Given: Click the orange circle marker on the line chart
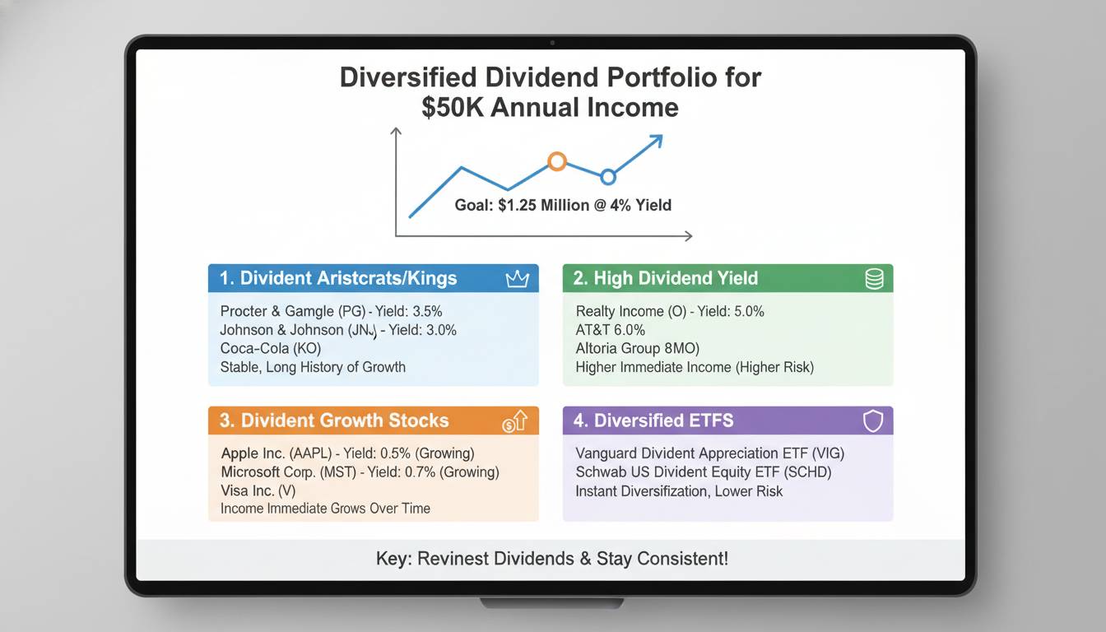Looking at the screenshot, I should click(557, 161).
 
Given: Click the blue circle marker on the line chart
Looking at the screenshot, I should click(608, 176).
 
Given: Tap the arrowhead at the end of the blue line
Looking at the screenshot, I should click(655, 142).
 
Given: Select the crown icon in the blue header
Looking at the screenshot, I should click(517, 279).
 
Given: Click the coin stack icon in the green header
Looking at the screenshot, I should click(874, 279).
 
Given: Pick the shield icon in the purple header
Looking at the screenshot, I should click(872, 421).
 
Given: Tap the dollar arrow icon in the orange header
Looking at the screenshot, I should click(514, 422).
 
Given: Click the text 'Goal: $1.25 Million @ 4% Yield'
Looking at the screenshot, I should click(563, 205).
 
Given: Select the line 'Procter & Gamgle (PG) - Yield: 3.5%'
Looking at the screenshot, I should click(331, 311).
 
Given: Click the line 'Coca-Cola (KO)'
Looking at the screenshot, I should click(270, 348).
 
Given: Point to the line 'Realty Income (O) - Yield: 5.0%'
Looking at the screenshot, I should click(670, 311).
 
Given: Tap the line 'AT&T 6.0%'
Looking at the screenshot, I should click(611, 330).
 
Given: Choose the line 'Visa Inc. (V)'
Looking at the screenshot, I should click(258, 490).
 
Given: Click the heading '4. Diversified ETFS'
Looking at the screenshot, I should click(653, 421).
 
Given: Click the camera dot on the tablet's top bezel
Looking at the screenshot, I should click(552, 42).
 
